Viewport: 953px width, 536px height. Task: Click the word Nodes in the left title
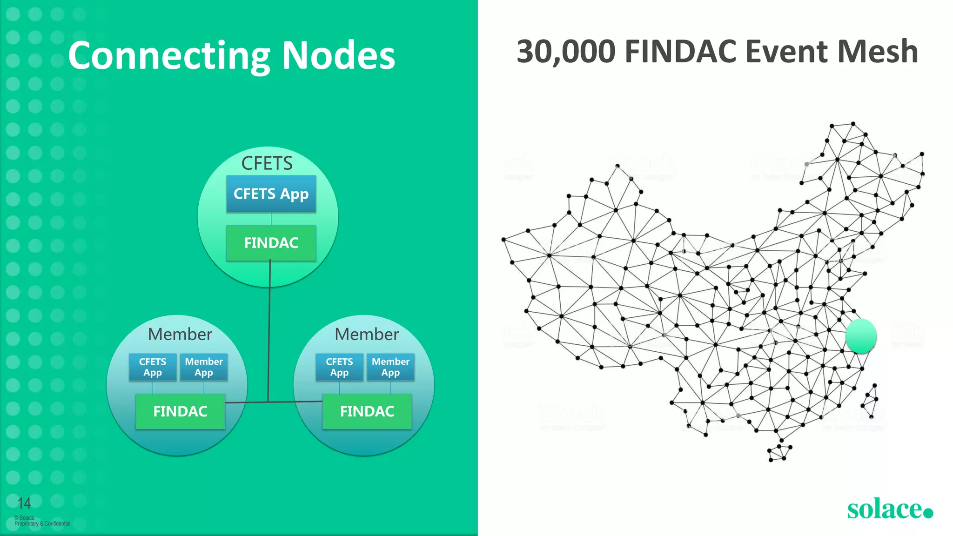[338, 56]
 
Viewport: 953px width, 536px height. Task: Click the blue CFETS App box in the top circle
[271, 194]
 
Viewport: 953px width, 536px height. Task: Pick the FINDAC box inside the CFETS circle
[271, 243]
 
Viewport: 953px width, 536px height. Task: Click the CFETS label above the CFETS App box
[267, 163]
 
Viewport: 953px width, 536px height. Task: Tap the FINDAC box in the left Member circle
[180, 411]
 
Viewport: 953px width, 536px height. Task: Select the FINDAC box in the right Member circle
[367, 411]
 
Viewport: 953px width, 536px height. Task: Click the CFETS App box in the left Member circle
[153, 367]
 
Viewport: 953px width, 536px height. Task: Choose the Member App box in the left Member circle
[204, 367]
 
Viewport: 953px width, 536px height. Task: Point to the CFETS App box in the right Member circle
[339, 367]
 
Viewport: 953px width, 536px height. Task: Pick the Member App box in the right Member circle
[390, 367]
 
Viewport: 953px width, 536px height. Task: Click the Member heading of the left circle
[180, 334]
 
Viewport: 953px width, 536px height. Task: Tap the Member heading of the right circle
[367, 334]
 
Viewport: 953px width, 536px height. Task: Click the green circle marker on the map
[861, 336]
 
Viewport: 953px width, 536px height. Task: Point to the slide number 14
[24, 503]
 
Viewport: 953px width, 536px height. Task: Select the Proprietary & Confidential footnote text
[42, 523]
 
